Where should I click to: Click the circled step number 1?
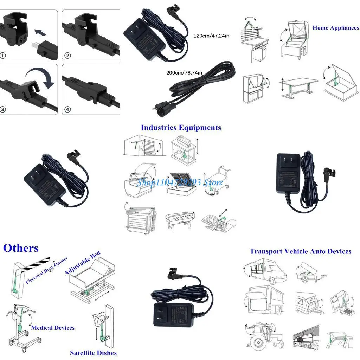pos(3,56)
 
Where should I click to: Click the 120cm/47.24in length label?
pos(211,36)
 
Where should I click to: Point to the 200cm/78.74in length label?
pos(184,73)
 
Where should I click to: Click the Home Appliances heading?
pos(335,28)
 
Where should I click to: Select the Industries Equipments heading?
pos(181,127)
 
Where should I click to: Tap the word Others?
pos(21,248)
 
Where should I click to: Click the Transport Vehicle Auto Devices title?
pos(300,251)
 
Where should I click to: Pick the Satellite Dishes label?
pos(93,353)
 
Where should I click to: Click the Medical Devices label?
pos(53,328)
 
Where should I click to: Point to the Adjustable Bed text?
pos(83,263)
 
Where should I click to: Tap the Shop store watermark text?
pos(180,182)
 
